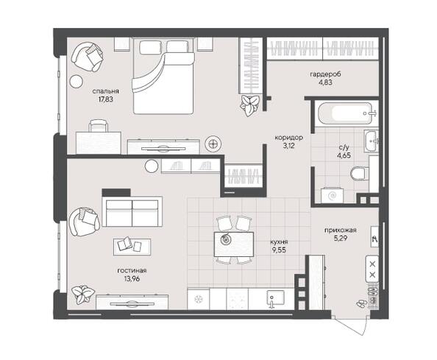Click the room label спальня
click(x=105, y=91)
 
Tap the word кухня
click(x=279, y=241)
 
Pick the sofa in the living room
click(x=132, y=211)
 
